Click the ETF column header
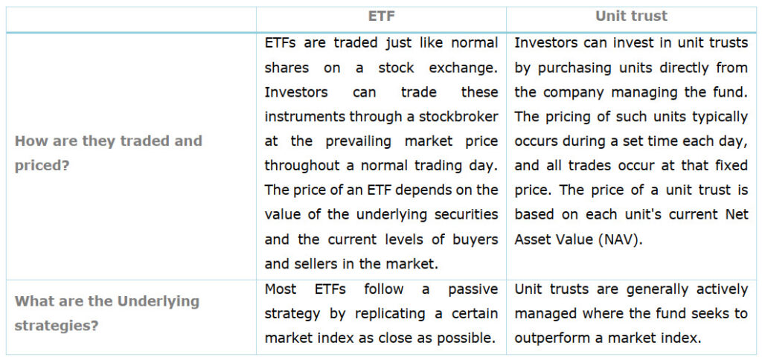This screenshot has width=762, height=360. click(382, 16)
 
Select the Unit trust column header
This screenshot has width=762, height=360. click(631, 16)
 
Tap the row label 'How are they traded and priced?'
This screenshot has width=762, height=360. click(109, 153)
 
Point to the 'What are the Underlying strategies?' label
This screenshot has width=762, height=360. click(107, 313)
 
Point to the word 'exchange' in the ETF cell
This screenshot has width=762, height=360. click(463, 68)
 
